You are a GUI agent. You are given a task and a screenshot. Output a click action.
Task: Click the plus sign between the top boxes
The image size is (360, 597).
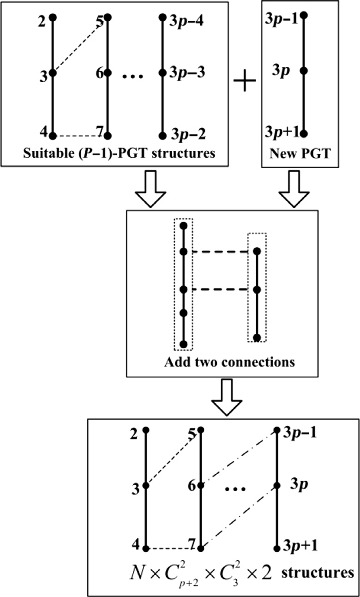click(x=245, y=85)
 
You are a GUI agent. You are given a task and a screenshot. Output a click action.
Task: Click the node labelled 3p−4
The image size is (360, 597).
click(x=162, y=18)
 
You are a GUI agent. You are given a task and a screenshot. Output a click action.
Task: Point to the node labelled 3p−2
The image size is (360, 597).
click(x=162, y=136)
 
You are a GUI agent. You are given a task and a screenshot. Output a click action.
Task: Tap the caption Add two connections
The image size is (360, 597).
click(x=229, y=362)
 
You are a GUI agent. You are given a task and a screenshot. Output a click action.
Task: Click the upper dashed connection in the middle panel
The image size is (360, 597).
click(x=220, y=252)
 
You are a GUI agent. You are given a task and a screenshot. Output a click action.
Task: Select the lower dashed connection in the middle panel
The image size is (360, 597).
click(x=220, y=290)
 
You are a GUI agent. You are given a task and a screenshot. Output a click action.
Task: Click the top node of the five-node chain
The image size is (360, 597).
click(x=184, y=226)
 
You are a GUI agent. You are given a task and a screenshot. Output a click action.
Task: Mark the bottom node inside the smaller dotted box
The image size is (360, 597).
click(x=258, y=337)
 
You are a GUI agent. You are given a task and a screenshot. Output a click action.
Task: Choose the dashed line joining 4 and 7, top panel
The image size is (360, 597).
click(x=80, y=136)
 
